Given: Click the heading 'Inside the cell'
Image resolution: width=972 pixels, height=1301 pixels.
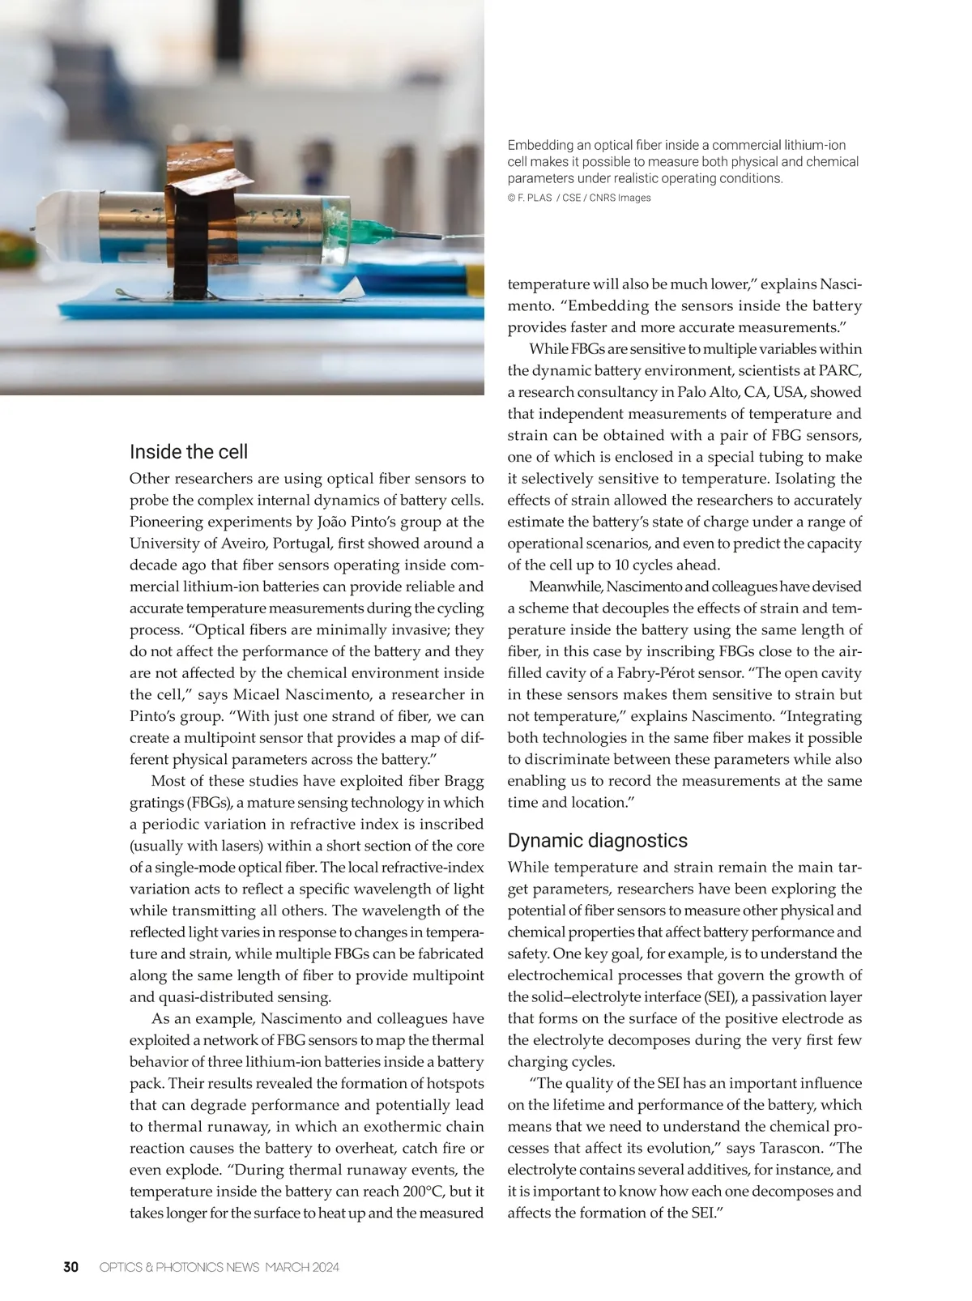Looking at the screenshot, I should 189,452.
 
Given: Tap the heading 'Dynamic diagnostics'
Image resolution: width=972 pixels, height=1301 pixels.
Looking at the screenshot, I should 597,841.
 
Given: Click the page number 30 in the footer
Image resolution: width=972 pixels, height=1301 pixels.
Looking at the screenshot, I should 71,1267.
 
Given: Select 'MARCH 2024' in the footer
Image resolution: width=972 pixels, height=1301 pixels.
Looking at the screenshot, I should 302,1267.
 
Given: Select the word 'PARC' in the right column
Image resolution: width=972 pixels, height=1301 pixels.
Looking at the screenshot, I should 839,370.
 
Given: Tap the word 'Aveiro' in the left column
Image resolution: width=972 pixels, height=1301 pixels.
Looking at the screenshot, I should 240,544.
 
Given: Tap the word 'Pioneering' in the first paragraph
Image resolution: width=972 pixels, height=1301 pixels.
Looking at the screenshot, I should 168,522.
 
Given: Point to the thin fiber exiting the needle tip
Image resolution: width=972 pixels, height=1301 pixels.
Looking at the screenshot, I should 462,237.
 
